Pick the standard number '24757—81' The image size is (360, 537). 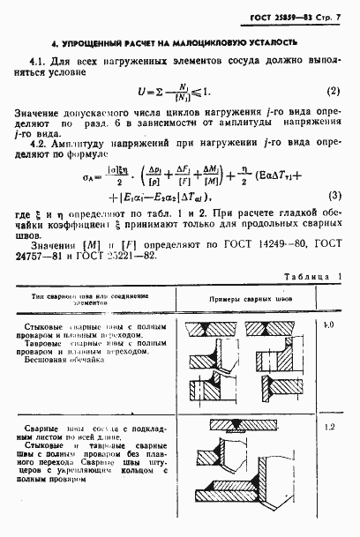(38, 256)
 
